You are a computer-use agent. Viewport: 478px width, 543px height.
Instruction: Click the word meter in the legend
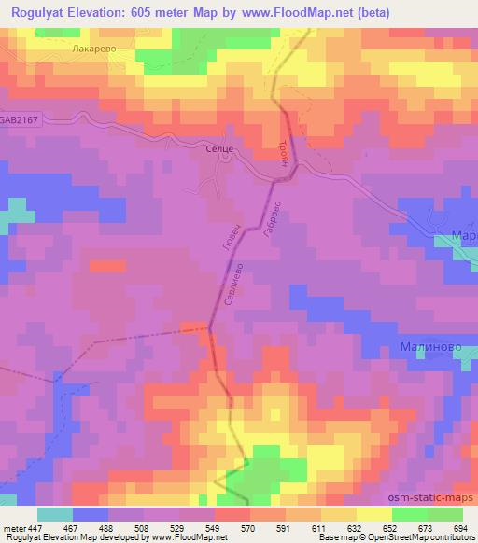point(13,529)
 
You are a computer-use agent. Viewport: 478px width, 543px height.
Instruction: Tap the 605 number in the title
point(146,12)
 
